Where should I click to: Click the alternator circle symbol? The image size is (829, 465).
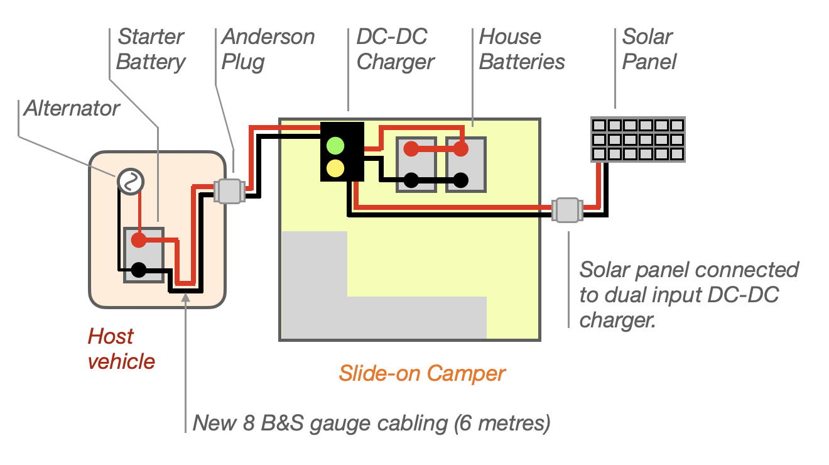pos(130,182)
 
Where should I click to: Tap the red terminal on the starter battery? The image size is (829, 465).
pos(138,240)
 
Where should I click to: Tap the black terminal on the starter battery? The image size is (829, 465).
pos(138,270)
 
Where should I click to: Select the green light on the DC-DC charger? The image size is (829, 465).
pos(336,145)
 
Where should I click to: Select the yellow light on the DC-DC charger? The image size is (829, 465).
pos(336,168)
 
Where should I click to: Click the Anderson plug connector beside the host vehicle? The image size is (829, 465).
pos(229,191)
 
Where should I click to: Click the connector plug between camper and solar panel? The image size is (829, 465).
pos(567,210)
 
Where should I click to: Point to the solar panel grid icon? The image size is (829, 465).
pos(638,139)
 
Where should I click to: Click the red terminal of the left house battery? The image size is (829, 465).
pos(410,149)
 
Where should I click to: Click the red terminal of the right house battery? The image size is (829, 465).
pos(460,149)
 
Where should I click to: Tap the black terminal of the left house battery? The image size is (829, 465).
pos(410,180)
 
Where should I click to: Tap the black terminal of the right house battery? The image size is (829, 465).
pos(460,180)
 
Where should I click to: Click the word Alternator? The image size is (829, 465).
pos(72,109)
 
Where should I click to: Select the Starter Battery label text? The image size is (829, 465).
pos(151,50)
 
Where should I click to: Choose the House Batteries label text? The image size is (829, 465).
pos(521,50)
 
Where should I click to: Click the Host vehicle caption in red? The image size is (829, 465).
pos(121,349)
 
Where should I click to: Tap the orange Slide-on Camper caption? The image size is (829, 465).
pos(421,373)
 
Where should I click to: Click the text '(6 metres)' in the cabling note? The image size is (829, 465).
pos(502,423)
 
